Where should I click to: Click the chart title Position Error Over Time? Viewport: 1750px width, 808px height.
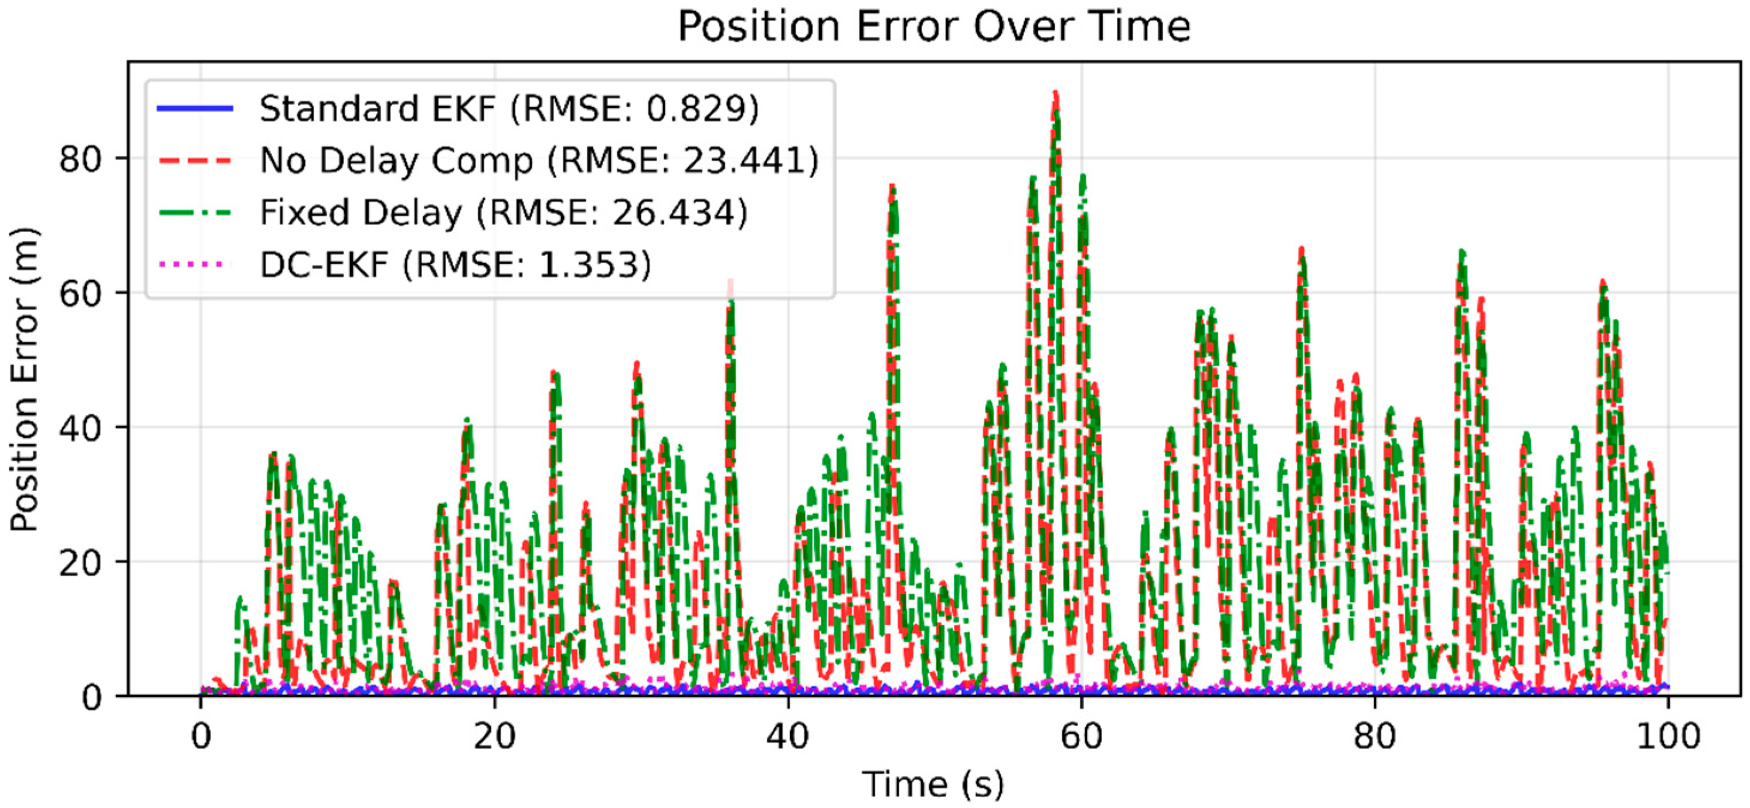click(934, 27)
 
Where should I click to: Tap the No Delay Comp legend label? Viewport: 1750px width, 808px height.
click(540, 161)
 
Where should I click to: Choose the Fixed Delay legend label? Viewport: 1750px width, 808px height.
click(503, 213)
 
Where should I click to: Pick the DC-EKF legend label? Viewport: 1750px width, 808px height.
click(455, 264)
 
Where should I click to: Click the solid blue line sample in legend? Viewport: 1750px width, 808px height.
click(195, 109)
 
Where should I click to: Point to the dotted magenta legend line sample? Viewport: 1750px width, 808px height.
click(195, 264)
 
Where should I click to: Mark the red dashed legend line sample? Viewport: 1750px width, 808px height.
click(195, 161)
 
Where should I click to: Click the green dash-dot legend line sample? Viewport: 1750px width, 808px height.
click(195, 213)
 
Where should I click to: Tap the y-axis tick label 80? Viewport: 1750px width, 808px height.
click(80, 159)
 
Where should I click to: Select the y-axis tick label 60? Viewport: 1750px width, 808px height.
click(80, 293)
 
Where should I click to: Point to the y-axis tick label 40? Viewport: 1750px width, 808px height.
click(80, 427)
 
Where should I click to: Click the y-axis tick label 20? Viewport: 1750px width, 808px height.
click(80, 562)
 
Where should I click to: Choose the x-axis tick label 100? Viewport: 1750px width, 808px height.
click(1668, 736)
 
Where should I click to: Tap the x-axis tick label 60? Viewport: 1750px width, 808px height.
click(1081, 736)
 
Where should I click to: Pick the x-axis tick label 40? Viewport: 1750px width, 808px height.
click(788, 736)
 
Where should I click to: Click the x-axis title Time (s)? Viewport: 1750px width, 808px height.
click(933, 785)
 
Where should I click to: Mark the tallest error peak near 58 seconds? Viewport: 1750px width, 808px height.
click(1055, 95)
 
